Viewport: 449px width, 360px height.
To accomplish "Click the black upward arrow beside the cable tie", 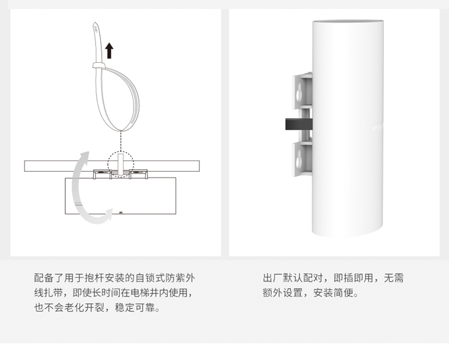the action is (109, 50).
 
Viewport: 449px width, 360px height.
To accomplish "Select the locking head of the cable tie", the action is (95, 65).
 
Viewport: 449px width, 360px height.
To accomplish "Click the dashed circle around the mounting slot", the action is (121, 165).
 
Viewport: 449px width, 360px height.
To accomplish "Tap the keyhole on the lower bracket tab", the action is (299, 157).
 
